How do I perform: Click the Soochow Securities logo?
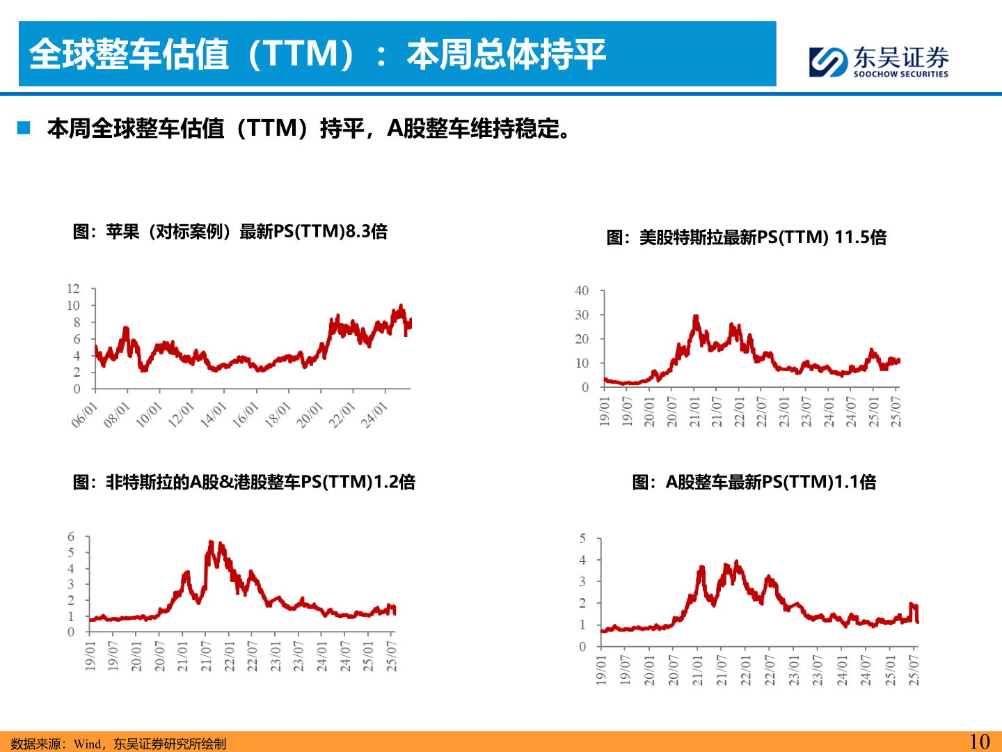[x=878, y=61]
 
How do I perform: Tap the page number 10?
[x=979, y=742]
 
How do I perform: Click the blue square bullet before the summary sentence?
[x=24, y=128]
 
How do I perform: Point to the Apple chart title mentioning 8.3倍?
[x=230, y=231]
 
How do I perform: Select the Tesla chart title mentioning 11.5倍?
[x=746, y=237]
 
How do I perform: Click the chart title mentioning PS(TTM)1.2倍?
[x=244, y=482]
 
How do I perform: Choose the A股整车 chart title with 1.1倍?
[x=754, y=482]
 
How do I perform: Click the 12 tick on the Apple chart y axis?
[x=73, y=289]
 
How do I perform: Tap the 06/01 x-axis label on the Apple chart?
[x=85, y=415]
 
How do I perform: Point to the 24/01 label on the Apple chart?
[x=374, y=415]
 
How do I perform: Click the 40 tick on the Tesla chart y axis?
[x=582, y=291]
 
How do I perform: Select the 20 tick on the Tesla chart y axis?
[x=582, y=339]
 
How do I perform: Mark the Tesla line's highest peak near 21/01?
[x=695, y=318]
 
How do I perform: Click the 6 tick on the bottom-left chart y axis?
[x=70, y=537]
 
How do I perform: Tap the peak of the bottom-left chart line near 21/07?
[x=211, y=542]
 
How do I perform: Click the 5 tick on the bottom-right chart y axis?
[x=582, y=539]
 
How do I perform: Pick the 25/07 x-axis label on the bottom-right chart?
[x=914, y=670]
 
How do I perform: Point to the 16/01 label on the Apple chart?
[x=245, y=415]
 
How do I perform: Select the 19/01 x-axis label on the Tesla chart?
[x=604, y=412]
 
